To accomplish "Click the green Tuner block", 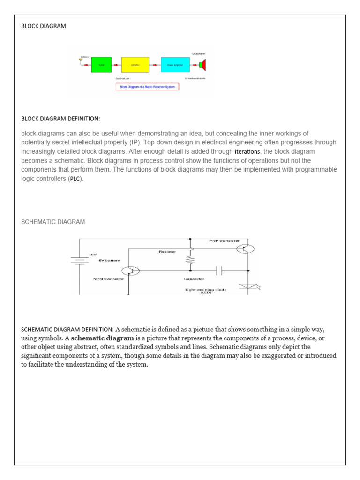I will tap(101, 65).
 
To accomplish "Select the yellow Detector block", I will tap(135, 65).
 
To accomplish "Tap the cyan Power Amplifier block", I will tap(175, 65).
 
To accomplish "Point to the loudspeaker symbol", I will tap(202, 65).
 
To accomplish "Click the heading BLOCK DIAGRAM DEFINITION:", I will tap(60, 118).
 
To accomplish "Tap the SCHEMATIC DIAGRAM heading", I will tap(53, 222).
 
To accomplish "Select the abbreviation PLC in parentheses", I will tap(75, 180).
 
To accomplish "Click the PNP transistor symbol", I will tap(246, 249).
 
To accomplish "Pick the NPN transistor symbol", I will tap(129, 271).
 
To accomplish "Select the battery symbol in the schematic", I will tap(80, 261).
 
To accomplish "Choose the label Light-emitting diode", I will tap(206, 290).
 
